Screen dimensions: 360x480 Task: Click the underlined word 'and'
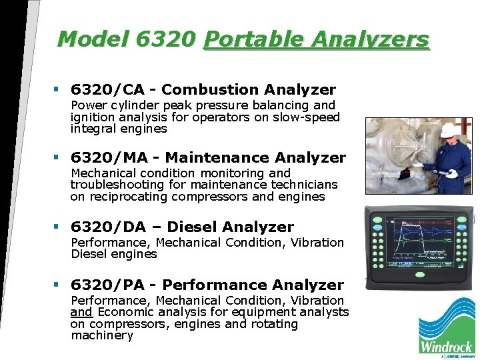pos(81,312)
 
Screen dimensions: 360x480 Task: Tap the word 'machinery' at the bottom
pos(102,335)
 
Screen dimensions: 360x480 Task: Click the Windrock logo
pos(446,327)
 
